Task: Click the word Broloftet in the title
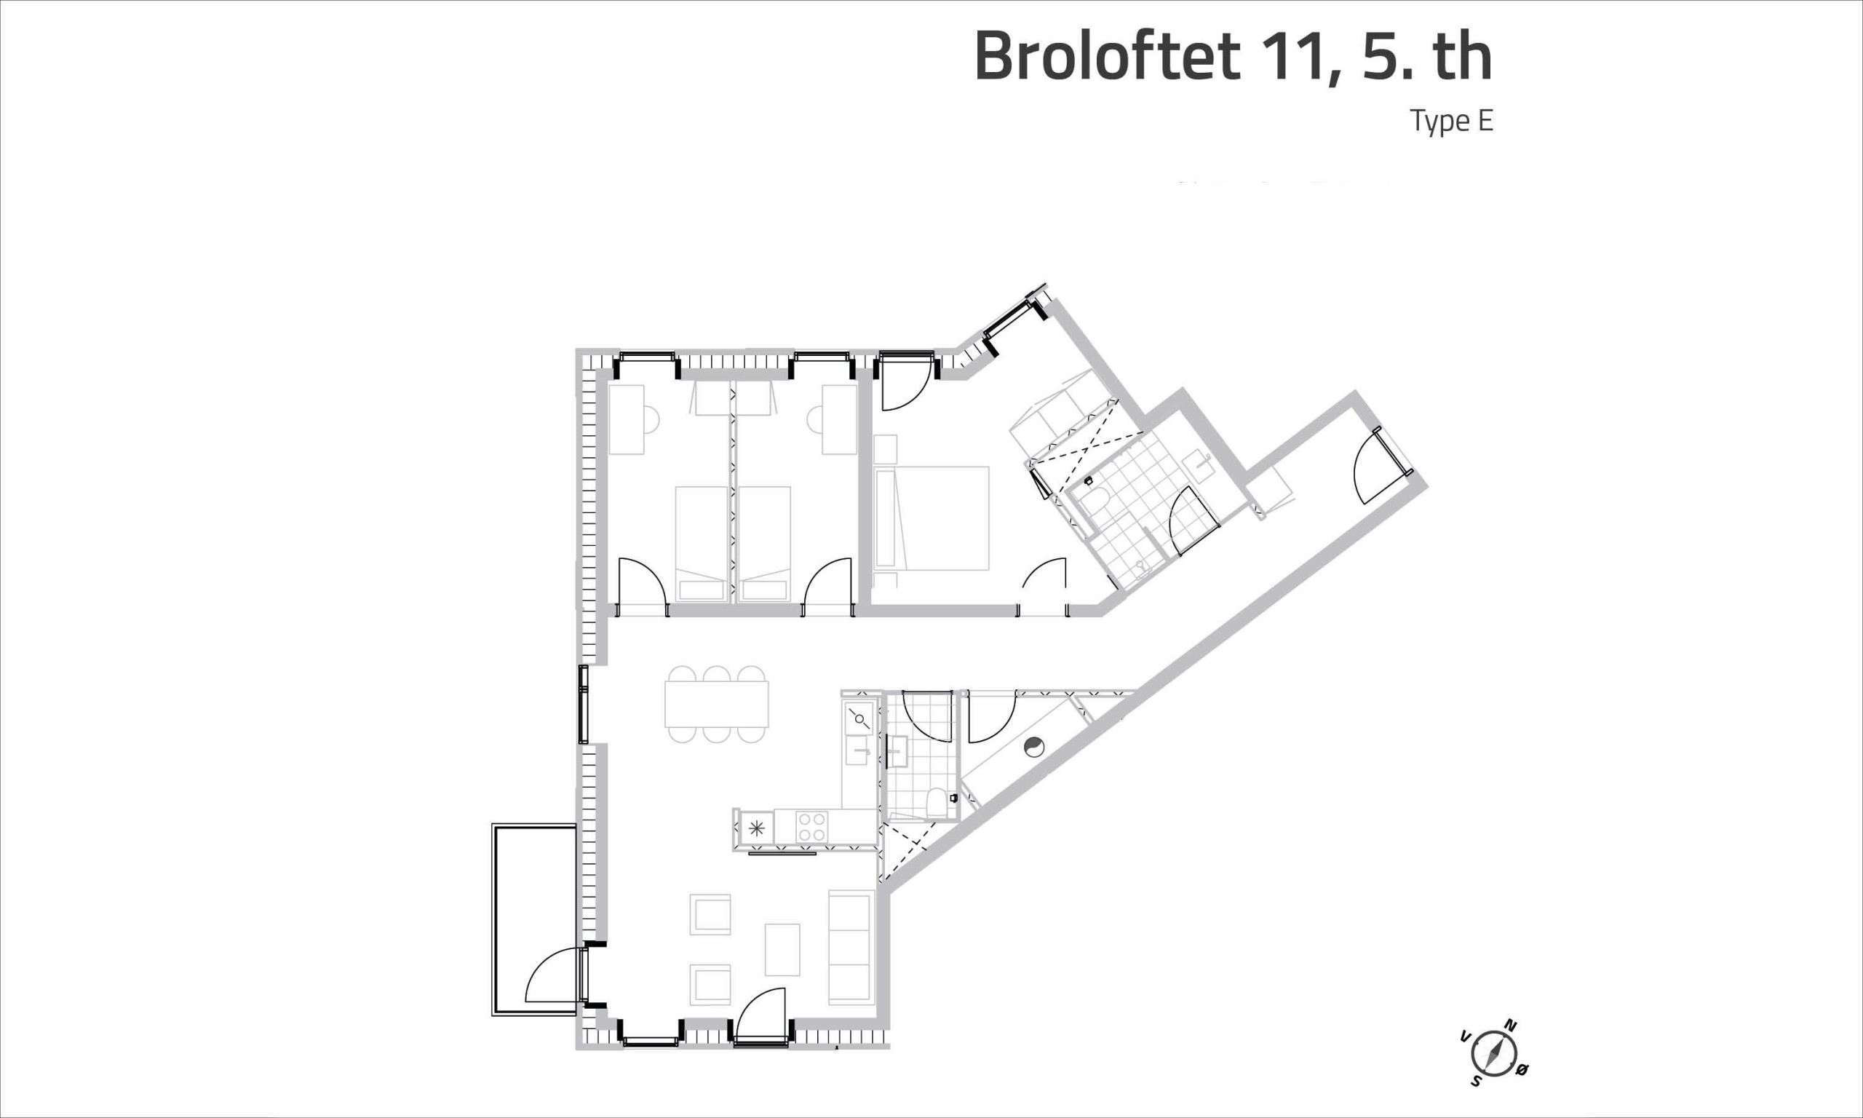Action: (x=1106, y=57)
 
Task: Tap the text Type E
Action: (x=1451, y=122)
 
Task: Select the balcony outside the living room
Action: (x=535, y=919)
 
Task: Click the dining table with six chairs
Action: (x=716, y=704)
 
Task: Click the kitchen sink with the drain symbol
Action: (x=859, y=718)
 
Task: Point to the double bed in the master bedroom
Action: (x=931, y=518)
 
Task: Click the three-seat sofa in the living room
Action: (x=851, y=947)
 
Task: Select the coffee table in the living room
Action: (x=782, y=949)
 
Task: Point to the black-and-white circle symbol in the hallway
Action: (x=1035, y=747)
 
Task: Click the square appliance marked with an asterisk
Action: (x=757, y=827)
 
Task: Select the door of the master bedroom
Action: (x=1044, y=582)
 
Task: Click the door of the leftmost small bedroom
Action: (x=642, y=582)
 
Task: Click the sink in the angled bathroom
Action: (x=1198, y=467)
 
